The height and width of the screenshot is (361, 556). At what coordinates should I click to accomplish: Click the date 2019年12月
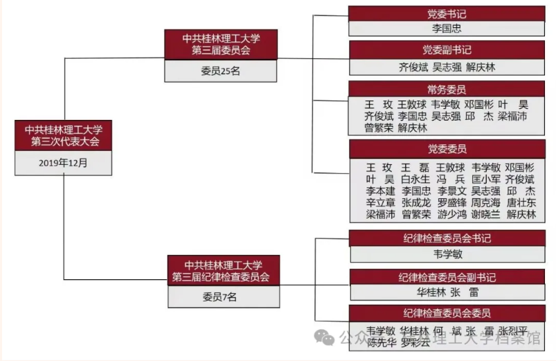[x=63, y=164]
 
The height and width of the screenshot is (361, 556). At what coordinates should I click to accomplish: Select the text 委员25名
[x=220, y=71]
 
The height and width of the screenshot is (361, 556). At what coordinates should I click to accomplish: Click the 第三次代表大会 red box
[x=63, y=135]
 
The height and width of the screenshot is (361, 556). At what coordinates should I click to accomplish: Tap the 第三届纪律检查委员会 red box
[x=223, y=271]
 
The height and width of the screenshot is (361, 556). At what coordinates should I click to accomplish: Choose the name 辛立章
[x=381, y=202]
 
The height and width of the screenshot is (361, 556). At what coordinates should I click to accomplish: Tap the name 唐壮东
[x=521, y=202]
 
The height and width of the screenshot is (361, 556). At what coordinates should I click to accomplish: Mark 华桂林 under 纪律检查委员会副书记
[x=431, y=292]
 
